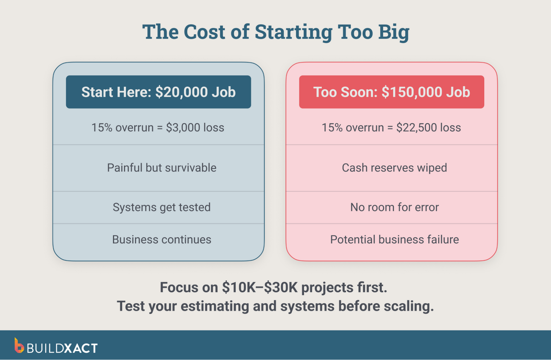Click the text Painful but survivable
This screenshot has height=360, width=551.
(162, 168)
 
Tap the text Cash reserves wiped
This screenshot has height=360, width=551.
(394, 168)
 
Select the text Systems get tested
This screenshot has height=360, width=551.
(162, 207)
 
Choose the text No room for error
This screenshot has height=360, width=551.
(394, 207)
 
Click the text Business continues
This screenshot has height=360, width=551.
(162, 240)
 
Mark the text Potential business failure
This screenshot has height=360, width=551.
(394, 240)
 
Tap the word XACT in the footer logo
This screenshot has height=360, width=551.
(81, 348)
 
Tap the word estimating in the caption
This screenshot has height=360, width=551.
(215, 306)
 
